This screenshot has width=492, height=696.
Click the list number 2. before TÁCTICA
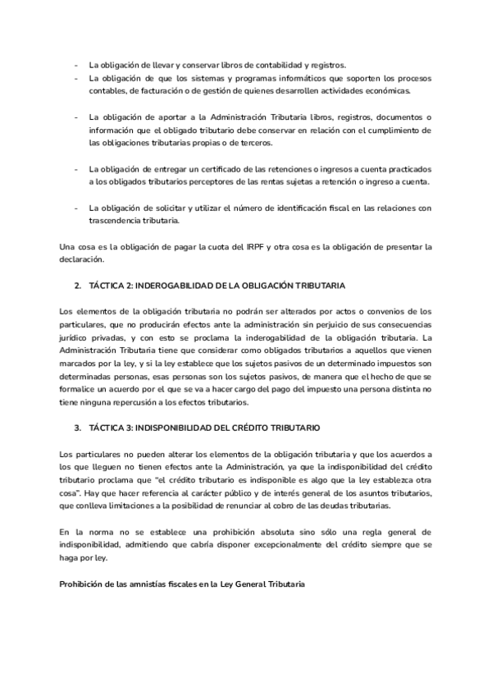(77, 286)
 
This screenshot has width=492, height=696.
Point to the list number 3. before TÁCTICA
(77, 428)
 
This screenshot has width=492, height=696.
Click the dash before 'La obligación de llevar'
(76, 65)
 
